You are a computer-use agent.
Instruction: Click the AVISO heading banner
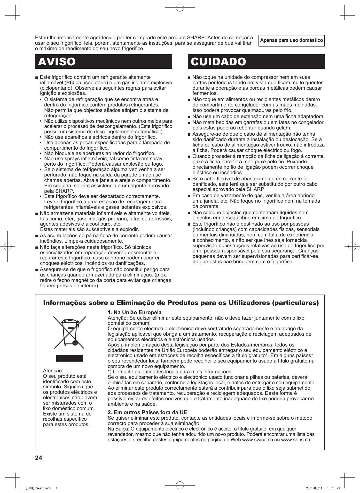(x=104, y=61)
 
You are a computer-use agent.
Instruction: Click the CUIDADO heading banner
(x=256, y=61)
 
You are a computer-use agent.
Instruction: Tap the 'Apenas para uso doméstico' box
(x=291, y=41)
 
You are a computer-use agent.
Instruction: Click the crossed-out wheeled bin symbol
(x=70, y=332)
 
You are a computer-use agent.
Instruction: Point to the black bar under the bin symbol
(x=70, y=358)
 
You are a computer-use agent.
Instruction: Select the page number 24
(x=38, y=458)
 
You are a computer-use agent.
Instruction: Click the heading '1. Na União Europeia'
(x=134, y=312)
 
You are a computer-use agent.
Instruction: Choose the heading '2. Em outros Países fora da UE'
(x=147, y=412)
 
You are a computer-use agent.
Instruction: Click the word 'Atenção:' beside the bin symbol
(x=53, y=371)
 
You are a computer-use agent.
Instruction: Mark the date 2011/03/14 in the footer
(x=314, y=488)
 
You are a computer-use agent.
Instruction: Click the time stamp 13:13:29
(x=334, y=488)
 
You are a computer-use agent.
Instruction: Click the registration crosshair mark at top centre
(x=180, y=8)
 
